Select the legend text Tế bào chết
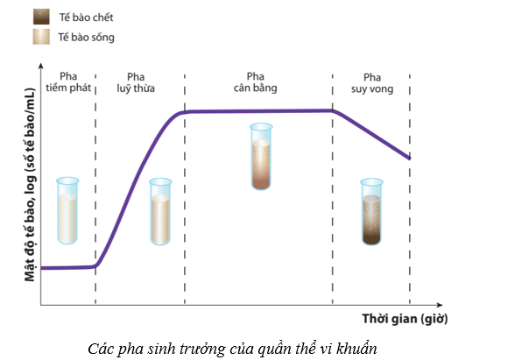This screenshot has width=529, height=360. click(x=85, y=18)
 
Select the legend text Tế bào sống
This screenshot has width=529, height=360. click(x=86, y=38)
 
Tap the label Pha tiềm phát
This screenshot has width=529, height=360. click(x=68, y=81)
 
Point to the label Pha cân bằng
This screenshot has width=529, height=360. click(x=254, y=81)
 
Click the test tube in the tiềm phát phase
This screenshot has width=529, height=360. click(x=67, y=210)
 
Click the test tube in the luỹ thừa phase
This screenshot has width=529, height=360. click(x=160, y=211)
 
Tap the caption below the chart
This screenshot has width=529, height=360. click(x=233, y=347)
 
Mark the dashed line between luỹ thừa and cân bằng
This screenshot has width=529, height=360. click(x=185, y=193)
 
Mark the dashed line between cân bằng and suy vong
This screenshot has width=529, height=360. click(x=333, y=193)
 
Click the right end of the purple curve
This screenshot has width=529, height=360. click(x=408, y=159)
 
